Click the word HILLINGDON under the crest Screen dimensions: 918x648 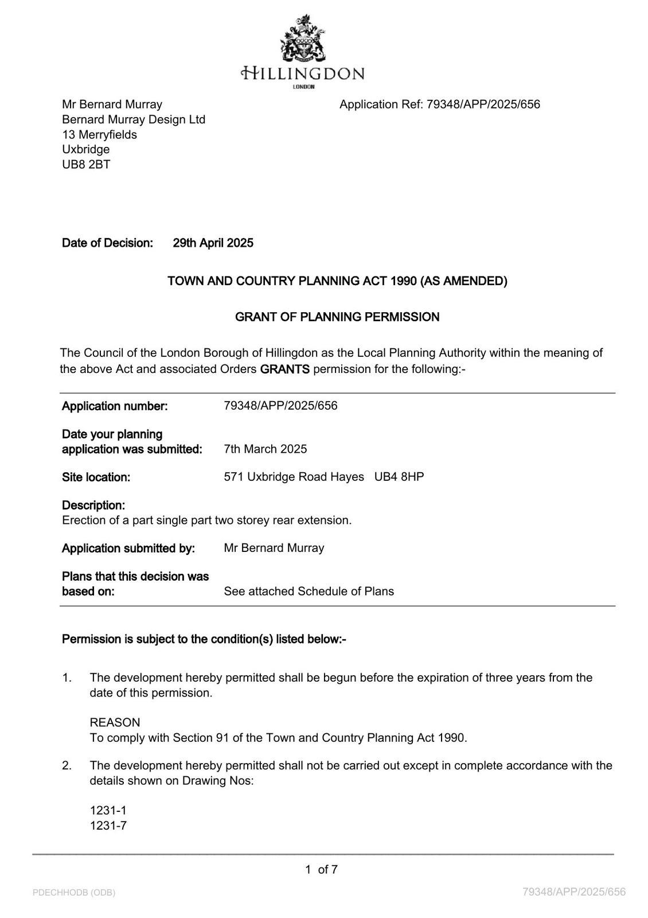(x=302, y=73)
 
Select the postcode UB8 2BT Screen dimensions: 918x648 (x=86, y=165)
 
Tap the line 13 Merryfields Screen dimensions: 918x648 (x=99, y=135)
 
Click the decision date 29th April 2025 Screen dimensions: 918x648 (x=213, y=243)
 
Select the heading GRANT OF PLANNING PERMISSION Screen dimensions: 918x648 (x=337, y=317)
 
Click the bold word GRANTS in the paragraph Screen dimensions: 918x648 (x=284, y=369)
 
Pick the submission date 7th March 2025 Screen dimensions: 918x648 (x=265, y=449)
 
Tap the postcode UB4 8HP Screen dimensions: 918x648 (x=399, y=477)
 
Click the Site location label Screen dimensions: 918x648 (x=96, y=477)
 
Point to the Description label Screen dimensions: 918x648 (x=93, y=505)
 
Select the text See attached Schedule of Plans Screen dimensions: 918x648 (x=309, y=592)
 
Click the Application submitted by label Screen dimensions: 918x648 (x=128, y=549)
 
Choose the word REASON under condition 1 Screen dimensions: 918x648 (x=115, y=723)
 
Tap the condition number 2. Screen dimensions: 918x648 (x=67, y=765)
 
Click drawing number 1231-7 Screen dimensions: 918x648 (x=108, y=826)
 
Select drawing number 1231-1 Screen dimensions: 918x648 (x=108, y=811)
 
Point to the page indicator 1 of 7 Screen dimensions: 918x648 (x=321, y=870)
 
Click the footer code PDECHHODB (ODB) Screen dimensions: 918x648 (x=74, y=893)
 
